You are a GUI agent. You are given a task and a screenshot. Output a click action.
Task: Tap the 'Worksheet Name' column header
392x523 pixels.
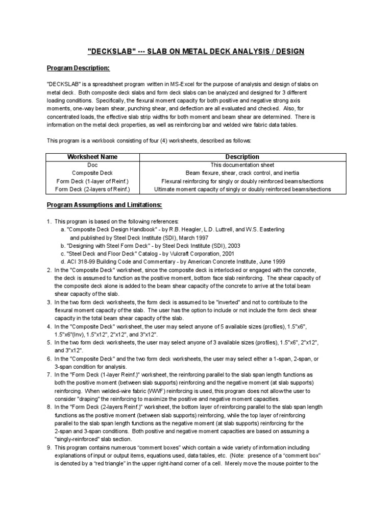click(x=92, y=157)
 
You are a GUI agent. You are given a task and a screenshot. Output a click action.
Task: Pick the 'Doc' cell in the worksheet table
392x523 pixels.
click(x=92, y=165)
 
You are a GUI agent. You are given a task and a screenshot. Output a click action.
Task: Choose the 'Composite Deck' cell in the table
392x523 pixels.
click(x=92, y=173)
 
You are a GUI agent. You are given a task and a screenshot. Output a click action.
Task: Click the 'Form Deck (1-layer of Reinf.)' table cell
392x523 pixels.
click(x=92, y=181)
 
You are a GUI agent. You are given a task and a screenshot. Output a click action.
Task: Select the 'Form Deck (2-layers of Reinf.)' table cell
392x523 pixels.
click(x=92, y=189)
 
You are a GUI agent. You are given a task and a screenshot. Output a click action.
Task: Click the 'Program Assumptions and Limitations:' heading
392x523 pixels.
click(x=104, y=205)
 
